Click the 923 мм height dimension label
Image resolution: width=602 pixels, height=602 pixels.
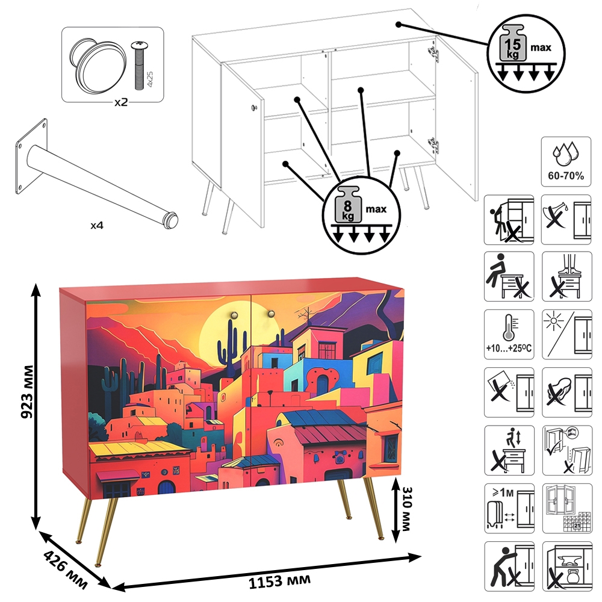(28, 392)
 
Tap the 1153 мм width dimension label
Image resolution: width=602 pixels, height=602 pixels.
(279, 581)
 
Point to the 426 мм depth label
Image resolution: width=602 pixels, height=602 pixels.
(66, 569)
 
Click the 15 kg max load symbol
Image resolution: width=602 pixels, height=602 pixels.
(526, 54)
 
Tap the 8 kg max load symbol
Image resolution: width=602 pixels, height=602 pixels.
(361, 215)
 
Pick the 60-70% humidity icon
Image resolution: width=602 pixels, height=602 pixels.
(566, 161)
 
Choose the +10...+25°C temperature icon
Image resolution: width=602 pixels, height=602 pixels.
(509, 334)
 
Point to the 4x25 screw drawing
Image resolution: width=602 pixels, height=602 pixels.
(138, 64)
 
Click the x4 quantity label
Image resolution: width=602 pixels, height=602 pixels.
(97, 225)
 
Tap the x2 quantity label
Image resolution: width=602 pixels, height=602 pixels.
(121, 102)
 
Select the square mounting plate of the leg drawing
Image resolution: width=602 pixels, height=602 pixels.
(31, 156)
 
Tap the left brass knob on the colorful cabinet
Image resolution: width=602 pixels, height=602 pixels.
(234, 315)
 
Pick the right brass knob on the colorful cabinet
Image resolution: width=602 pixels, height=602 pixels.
(271, 314)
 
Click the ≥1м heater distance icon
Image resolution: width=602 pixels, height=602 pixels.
(509, 508)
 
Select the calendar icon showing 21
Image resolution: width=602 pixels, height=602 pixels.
(567, 508)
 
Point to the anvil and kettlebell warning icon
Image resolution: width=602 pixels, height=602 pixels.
(567, 566)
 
